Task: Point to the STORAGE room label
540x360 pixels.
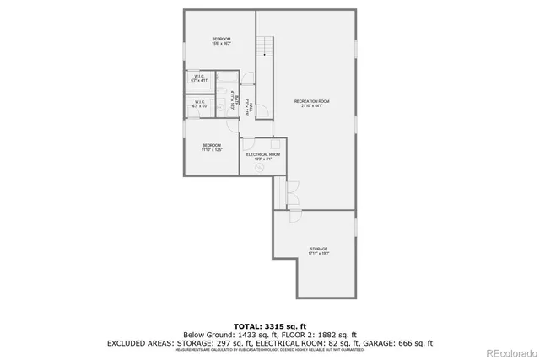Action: pos(318,250)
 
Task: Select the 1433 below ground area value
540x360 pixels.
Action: pos(240,334)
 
